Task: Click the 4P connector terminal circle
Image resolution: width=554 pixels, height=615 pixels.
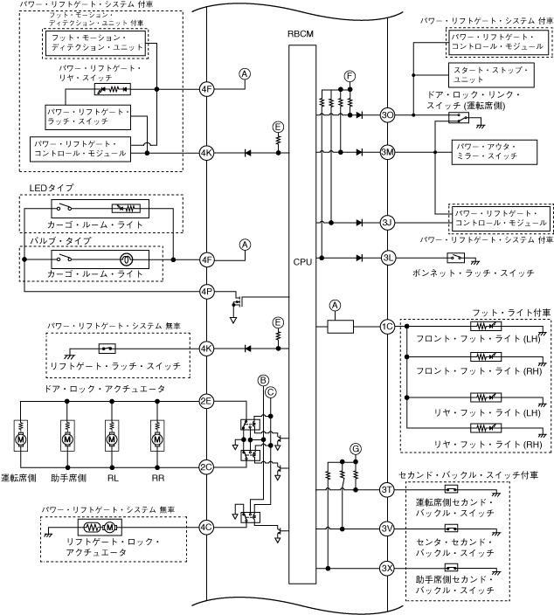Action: [x=206, y=292]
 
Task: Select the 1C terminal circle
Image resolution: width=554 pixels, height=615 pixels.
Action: [x=387, y=327]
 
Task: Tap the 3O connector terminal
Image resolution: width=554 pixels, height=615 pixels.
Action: [x=387, y=115]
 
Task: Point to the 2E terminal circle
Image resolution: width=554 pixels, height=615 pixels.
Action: [x=206, y=401]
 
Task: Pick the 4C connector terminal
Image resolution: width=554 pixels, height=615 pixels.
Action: [x=206, y=528]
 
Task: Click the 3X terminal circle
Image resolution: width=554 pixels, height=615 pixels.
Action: [x=387, y=568]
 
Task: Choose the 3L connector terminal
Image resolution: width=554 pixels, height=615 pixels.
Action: [x=387, y=258]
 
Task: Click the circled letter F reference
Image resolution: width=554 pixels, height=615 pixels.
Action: [x=350, y=76]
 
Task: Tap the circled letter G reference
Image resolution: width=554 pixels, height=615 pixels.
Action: [x=356, y=449]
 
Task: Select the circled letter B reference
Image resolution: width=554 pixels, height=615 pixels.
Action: [x=263, y=381]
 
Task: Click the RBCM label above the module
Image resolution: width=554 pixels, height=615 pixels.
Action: [x=301, y=34]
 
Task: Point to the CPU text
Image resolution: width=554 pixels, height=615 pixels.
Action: [x=302, y=262]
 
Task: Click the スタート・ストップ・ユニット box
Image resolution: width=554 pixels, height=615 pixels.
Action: [x=491, y=75]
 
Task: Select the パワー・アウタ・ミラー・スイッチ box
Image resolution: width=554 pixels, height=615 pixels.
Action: [x=495, y=152]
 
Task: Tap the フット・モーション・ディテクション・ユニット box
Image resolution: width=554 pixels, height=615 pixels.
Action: [x=95, y=43]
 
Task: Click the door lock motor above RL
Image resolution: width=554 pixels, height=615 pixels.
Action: [x=112, y=436]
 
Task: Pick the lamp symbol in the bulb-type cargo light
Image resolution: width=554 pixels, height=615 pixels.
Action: [x=127, y=259]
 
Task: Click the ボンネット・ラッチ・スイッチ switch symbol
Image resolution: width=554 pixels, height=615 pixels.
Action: [x=456, y=258]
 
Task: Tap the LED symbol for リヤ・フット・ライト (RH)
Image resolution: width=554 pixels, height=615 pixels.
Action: [x=486, y=427]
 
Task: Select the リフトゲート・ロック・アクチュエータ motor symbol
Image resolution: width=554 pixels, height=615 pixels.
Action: [x=100, y=528]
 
